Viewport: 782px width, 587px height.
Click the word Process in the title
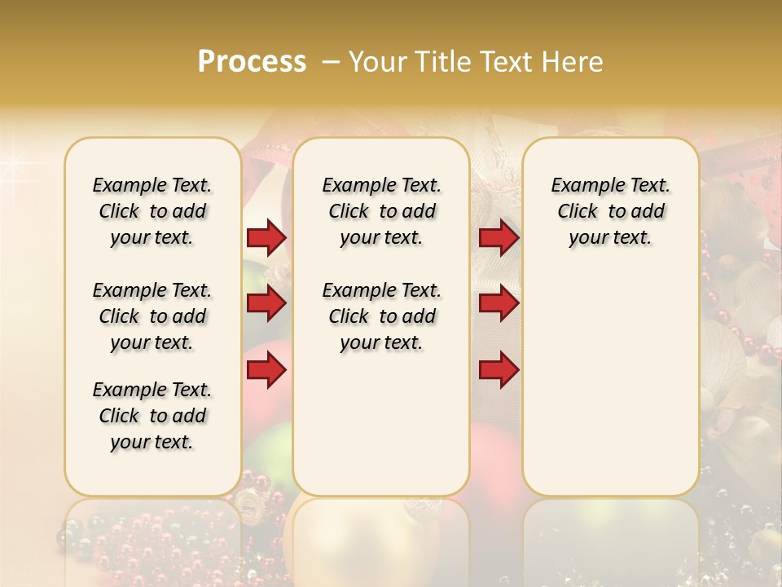[x=252, y=62]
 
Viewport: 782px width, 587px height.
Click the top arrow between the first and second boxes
[x=266, y=238]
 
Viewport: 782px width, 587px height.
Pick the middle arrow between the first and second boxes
[x=266, y=304]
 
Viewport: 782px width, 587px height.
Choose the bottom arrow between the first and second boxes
[x=266, y=371]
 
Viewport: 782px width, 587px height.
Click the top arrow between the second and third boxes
[x=499, y=238]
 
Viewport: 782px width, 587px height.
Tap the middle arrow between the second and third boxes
[x=499, y=304]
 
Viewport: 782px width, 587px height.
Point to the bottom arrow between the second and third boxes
[x=499, y=371]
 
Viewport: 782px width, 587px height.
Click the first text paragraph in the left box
[x=152, y=211]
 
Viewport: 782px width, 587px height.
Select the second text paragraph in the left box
[x=152, y=316]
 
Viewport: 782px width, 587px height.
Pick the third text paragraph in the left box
[x=152, y=416]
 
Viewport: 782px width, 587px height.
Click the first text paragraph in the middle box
[x=382, y=211]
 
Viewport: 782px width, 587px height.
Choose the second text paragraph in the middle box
[x=382, y=316]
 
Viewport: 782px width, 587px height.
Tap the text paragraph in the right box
[x=611, y=211]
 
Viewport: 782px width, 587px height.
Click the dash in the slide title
[x=330, y=62]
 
